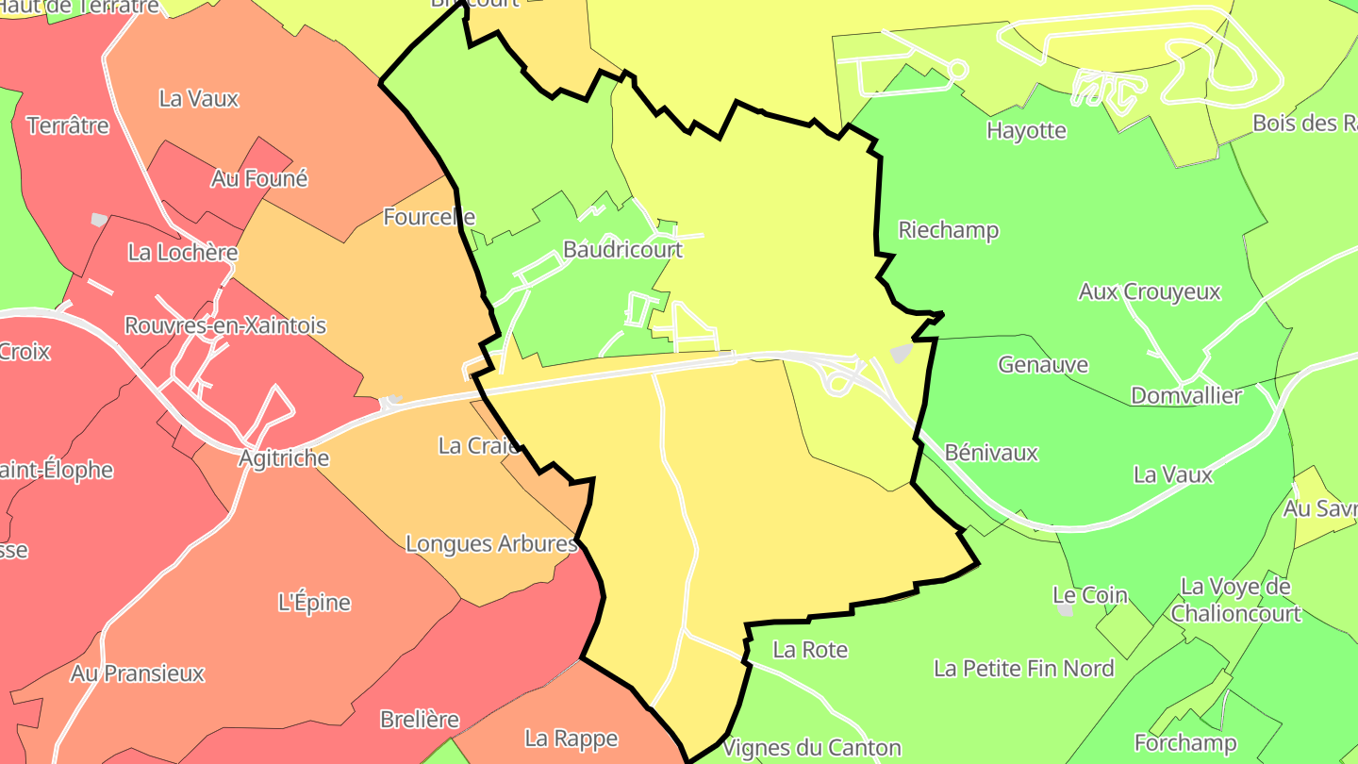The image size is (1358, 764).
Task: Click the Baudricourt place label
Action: (x=622, y=250)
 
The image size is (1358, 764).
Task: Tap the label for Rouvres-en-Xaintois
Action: (x=225, y=325)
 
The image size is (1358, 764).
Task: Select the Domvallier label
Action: (x=1186, y=395)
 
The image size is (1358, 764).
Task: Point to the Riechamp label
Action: (x=948, y=230)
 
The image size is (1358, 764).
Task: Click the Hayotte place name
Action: (x=1026, y=130)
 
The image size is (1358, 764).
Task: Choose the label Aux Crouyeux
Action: (x=1150, y=292)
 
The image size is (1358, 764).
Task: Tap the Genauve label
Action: (x=1043, y=364)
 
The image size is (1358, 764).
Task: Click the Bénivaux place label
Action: (x=991, y=453)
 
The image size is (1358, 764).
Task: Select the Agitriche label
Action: (x=284, y=458)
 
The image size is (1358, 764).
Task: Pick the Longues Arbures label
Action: (x=491, y=544)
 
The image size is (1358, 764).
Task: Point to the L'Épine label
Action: (x=315, y=603)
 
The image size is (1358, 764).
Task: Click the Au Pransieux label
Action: (x=138, y=673)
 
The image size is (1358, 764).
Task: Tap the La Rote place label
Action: (x=810, y=650)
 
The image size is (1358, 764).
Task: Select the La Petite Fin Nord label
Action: (x=1024, y=669)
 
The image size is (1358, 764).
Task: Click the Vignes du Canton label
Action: (x=812, y=749)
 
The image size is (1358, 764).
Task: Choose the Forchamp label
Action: (x=1185, y=743)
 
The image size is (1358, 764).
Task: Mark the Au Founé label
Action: (x=259, y=178)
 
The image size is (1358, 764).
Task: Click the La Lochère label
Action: (x=183, y=253)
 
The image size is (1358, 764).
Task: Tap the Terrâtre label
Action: (x=68, y=125)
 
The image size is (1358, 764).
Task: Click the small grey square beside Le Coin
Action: (x=1066, y=610)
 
